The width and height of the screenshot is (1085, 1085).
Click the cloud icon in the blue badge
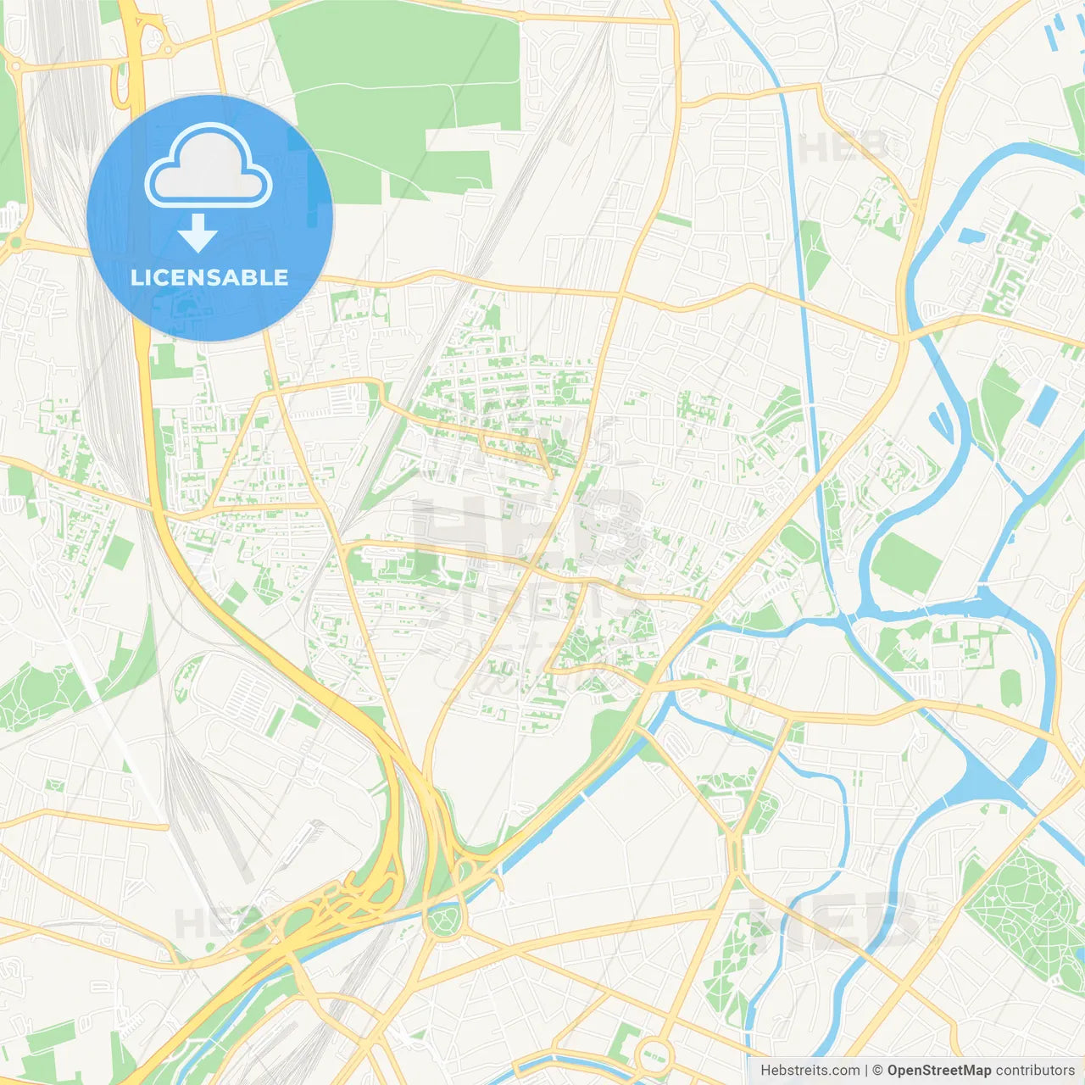click(x=209, y=166)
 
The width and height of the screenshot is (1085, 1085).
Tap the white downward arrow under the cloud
click(x=198, y=233)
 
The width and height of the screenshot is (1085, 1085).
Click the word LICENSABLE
click(x=209, y=277)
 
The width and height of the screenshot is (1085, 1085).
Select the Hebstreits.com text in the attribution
click(x=810, y=1071)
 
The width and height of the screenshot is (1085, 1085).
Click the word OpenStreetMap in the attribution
click(x=938, y=1071)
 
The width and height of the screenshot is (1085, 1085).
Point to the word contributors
click(x=1034, y=1071)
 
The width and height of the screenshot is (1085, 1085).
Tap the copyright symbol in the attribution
click(x=877, y=1071)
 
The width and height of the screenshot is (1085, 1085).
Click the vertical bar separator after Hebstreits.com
click(x=866, y=1071)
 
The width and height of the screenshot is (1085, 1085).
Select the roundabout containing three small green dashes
click(x=653, y=1055)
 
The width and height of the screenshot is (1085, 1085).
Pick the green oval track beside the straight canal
click(x=798, y=542)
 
